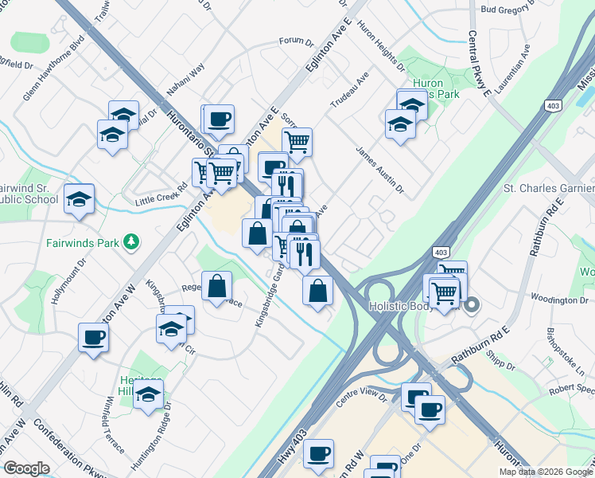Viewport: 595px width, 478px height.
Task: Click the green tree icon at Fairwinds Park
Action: tap(133, 241)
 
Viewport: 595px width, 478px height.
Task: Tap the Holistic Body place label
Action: tap(404, 306)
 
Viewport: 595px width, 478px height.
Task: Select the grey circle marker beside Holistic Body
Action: tap(472, 304)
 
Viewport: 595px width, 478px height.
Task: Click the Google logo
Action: tap(26, 468)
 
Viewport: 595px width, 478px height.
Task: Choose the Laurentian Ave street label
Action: tap(526, 62)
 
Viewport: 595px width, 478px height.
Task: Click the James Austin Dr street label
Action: tap(380, 170)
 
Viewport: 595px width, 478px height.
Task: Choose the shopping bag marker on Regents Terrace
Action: tap(216, 286)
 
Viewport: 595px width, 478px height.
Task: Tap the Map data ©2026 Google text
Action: tap(545, 472)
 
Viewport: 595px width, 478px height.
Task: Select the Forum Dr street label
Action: tap(297, 41)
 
